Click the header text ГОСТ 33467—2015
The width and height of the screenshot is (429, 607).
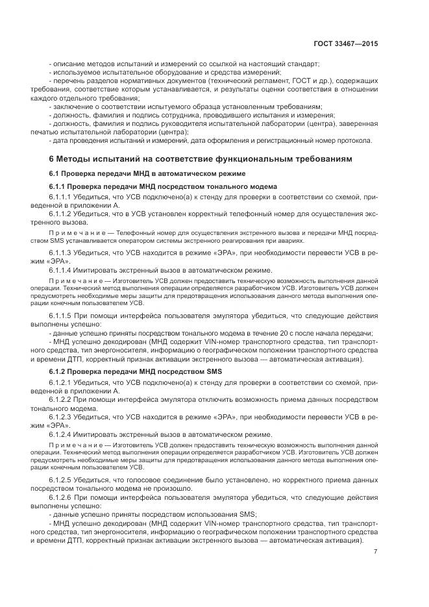click(346, 43)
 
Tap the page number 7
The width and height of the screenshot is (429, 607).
click(376, 552)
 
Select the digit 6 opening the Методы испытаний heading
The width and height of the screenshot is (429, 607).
click(52, 158)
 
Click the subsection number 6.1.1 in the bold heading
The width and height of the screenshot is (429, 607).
click(59, 186)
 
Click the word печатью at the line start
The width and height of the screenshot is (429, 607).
click(62, 132)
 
